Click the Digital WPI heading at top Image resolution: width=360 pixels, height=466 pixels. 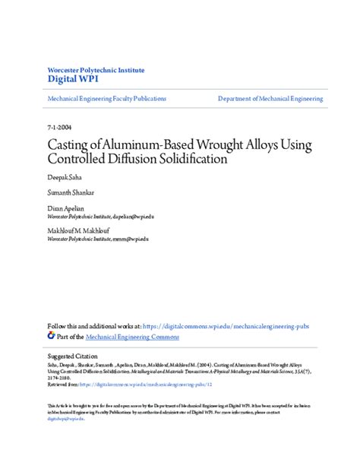pyautogui.click(x=72, y=78)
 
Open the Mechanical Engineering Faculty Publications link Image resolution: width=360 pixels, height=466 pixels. pyautogui.click(x=106, y=99)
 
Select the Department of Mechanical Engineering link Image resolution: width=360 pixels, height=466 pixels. pyautogui.click(x=270, y=99)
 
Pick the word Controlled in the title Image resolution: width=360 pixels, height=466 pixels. pyautogui.click(x=81, y=160)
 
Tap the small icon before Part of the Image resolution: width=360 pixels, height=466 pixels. pyautogui.click(x=51, y=334)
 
